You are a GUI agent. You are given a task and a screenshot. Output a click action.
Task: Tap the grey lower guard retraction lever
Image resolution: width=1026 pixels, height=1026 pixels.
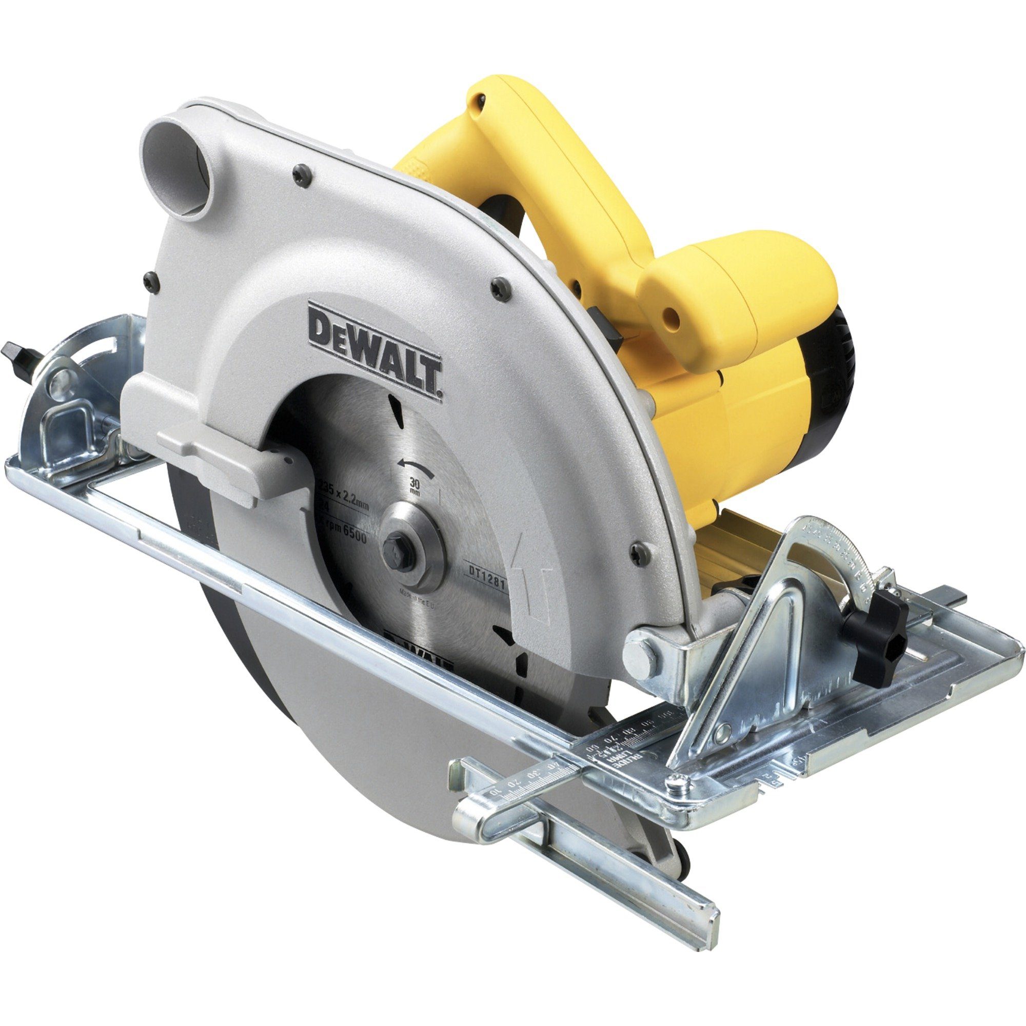point(223,457)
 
